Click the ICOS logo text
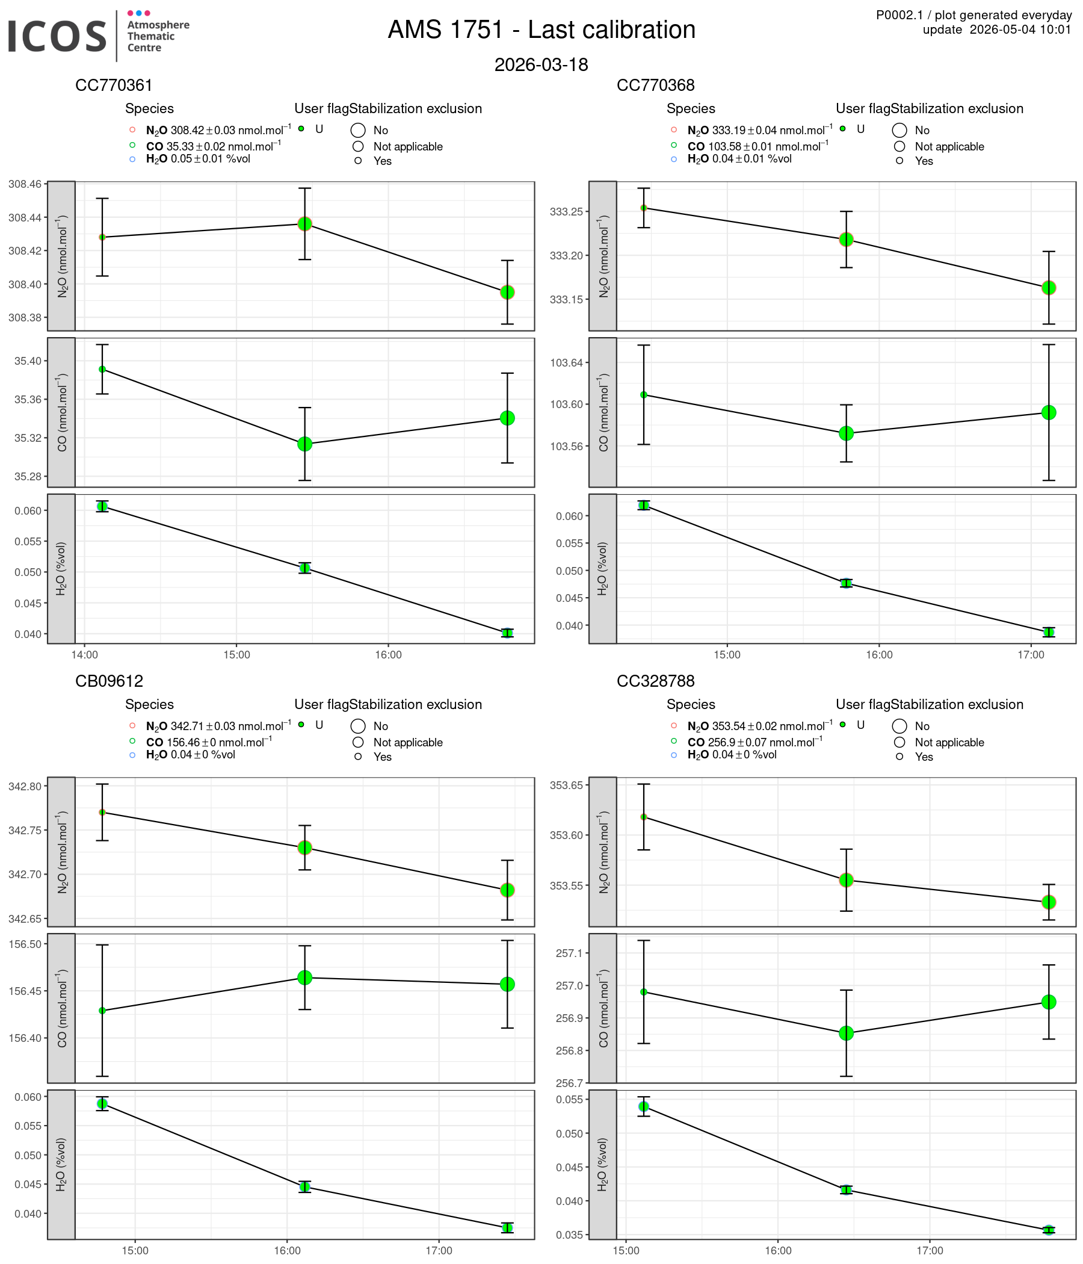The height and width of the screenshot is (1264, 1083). (57, 36)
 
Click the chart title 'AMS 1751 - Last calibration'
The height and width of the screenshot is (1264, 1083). (541, 30)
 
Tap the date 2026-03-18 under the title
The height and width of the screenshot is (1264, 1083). (541, 64)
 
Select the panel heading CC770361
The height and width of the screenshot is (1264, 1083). (114, 85)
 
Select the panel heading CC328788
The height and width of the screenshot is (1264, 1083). (656, 681)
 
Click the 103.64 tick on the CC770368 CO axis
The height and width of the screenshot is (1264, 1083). (567, 363)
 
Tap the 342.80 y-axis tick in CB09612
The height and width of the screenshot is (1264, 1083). (25, 785)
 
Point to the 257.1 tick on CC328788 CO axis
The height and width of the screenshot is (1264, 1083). (570, 953)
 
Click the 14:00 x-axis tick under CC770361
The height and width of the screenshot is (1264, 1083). (85, 655)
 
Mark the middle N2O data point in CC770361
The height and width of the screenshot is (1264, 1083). (305, 224)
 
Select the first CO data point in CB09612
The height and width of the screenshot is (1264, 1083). (102, 1011)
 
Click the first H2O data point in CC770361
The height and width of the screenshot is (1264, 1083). (102, 506)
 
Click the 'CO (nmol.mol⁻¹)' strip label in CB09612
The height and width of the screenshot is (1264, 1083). (61, 1008)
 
